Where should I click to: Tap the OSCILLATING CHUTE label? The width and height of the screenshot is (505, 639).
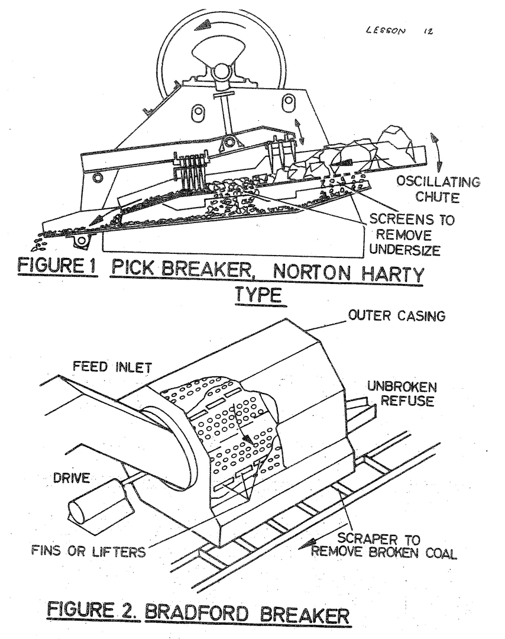(x=438, y=189)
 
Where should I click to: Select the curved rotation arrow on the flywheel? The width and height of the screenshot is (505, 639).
(x=215, y=24)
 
